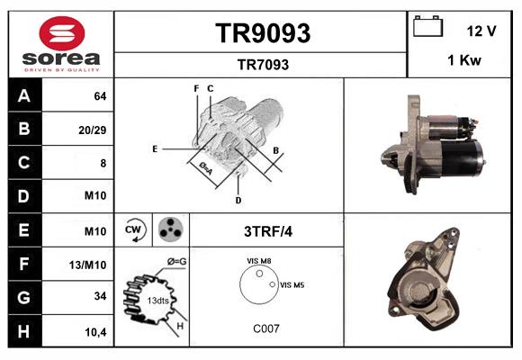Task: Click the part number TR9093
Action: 262,33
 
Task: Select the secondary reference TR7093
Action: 262,64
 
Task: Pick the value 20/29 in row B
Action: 93,130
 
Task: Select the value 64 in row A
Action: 100,95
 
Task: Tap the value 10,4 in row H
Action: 96,332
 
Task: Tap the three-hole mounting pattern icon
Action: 168,230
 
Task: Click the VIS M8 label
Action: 259,260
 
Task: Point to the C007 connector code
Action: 265,329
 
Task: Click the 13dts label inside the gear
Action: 157,300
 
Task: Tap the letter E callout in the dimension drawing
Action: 155,148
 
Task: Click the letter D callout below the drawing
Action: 238,199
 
